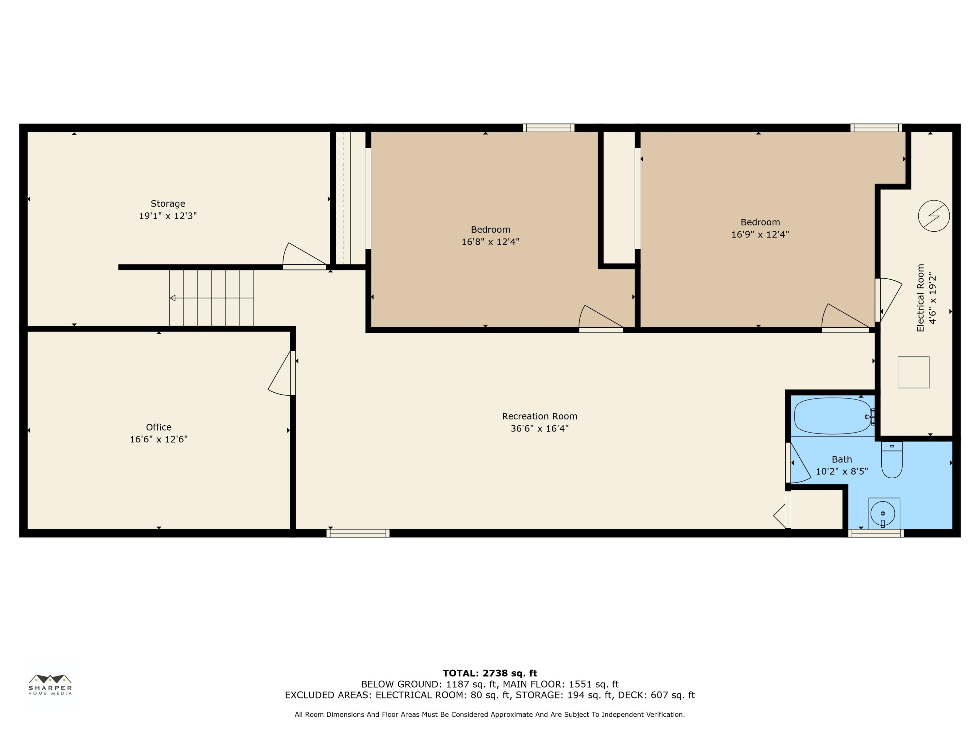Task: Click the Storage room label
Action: point(168,204)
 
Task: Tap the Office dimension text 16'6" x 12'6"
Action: point(159,439)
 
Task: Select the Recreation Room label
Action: point(540,416)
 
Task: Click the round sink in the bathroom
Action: point(883,514)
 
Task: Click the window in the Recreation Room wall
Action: point(358,533)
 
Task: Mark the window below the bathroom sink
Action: point(876,533)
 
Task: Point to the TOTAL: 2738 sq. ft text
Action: point(490,673)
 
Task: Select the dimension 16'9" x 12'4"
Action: point(760,234)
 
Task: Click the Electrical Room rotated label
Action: point(921,298)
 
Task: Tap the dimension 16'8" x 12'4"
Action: point(490,242)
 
